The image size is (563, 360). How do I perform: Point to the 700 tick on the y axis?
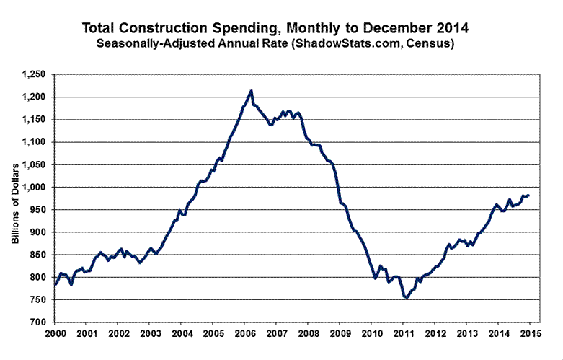[x=38, y=322]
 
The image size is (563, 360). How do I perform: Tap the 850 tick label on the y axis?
[x=38, y=255]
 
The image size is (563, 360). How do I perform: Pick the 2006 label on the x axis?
[x=244, y=334]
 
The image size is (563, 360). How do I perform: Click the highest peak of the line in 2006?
[x=251, y=91]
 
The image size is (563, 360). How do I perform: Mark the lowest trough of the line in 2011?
[x=406, y=297]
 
